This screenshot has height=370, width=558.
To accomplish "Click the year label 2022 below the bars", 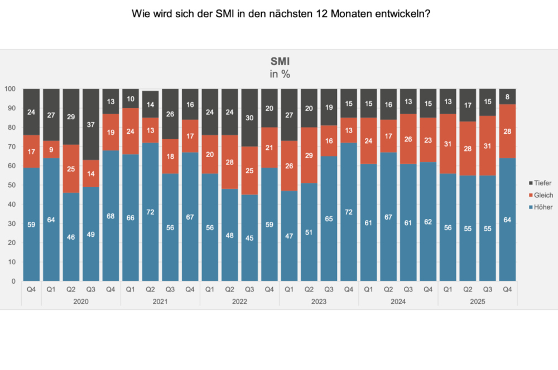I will point(239,301).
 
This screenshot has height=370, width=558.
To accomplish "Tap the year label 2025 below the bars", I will point(477,301).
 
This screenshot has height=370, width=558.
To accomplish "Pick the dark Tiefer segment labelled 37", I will point(91,124).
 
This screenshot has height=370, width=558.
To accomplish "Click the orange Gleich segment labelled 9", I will point(51,149).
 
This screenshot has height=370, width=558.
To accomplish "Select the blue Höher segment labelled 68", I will point(110,215).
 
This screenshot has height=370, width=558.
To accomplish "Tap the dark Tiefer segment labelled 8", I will point(507,96).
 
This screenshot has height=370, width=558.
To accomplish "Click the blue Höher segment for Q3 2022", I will point(249,238).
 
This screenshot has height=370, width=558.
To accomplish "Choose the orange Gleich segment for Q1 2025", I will point(448,144).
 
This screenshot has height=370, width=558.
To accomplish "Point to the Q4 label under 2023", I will point(349,289).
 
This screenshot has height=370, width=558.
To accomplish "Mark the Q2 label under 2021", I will point(150,289).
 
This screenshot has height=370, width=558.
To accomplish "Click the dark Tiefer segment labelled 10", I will point(131,99).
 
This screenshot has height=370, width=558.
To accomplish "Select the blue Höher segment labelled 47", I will point(289,236).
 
